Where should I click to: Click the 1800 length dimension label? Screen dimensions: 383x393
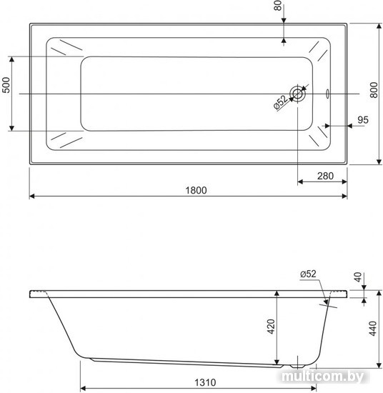click(x=196, y=191)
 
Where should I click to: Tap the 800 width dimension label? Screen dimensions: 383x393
click(x=374, y=90)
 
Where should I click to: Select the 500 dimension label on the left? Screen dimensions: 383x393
click(x=6, y=85)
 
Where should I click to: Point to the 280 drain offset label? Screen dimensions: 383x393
click(x=325, y=176)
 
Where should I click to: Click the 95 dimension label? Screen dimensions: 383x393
click(x=363, y=120)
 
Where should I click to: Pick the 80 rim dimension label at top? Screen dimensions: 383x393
click(x=278, y=6)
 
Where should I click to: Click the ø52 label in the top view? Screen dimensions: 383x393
click(x=281, y=102)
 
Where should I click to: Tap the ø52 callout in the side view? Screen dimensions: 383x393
click(x=308, y=274)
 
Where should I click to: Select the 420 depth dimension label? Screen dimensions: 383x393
click(x=272, y=327)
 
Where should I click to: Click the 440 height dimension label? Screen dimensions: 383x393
click(x=373, y=329)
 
